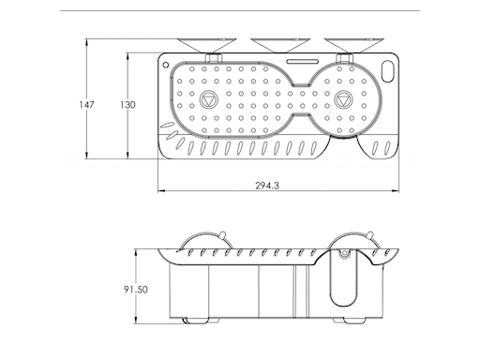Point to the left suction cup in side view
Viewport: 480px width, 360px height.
click(x=202, y=242)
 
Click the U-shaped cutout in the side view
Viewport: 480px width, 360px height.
click(x=344, y=281)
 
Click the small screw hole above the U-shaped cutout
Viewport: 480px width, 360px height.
click(x=344, y=255)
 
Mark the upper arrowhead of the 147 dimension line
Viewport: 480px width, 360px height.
click(x=86, y=41)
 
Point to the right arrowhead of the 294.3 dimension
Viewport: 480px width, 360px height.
click(x=401, y=178)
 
